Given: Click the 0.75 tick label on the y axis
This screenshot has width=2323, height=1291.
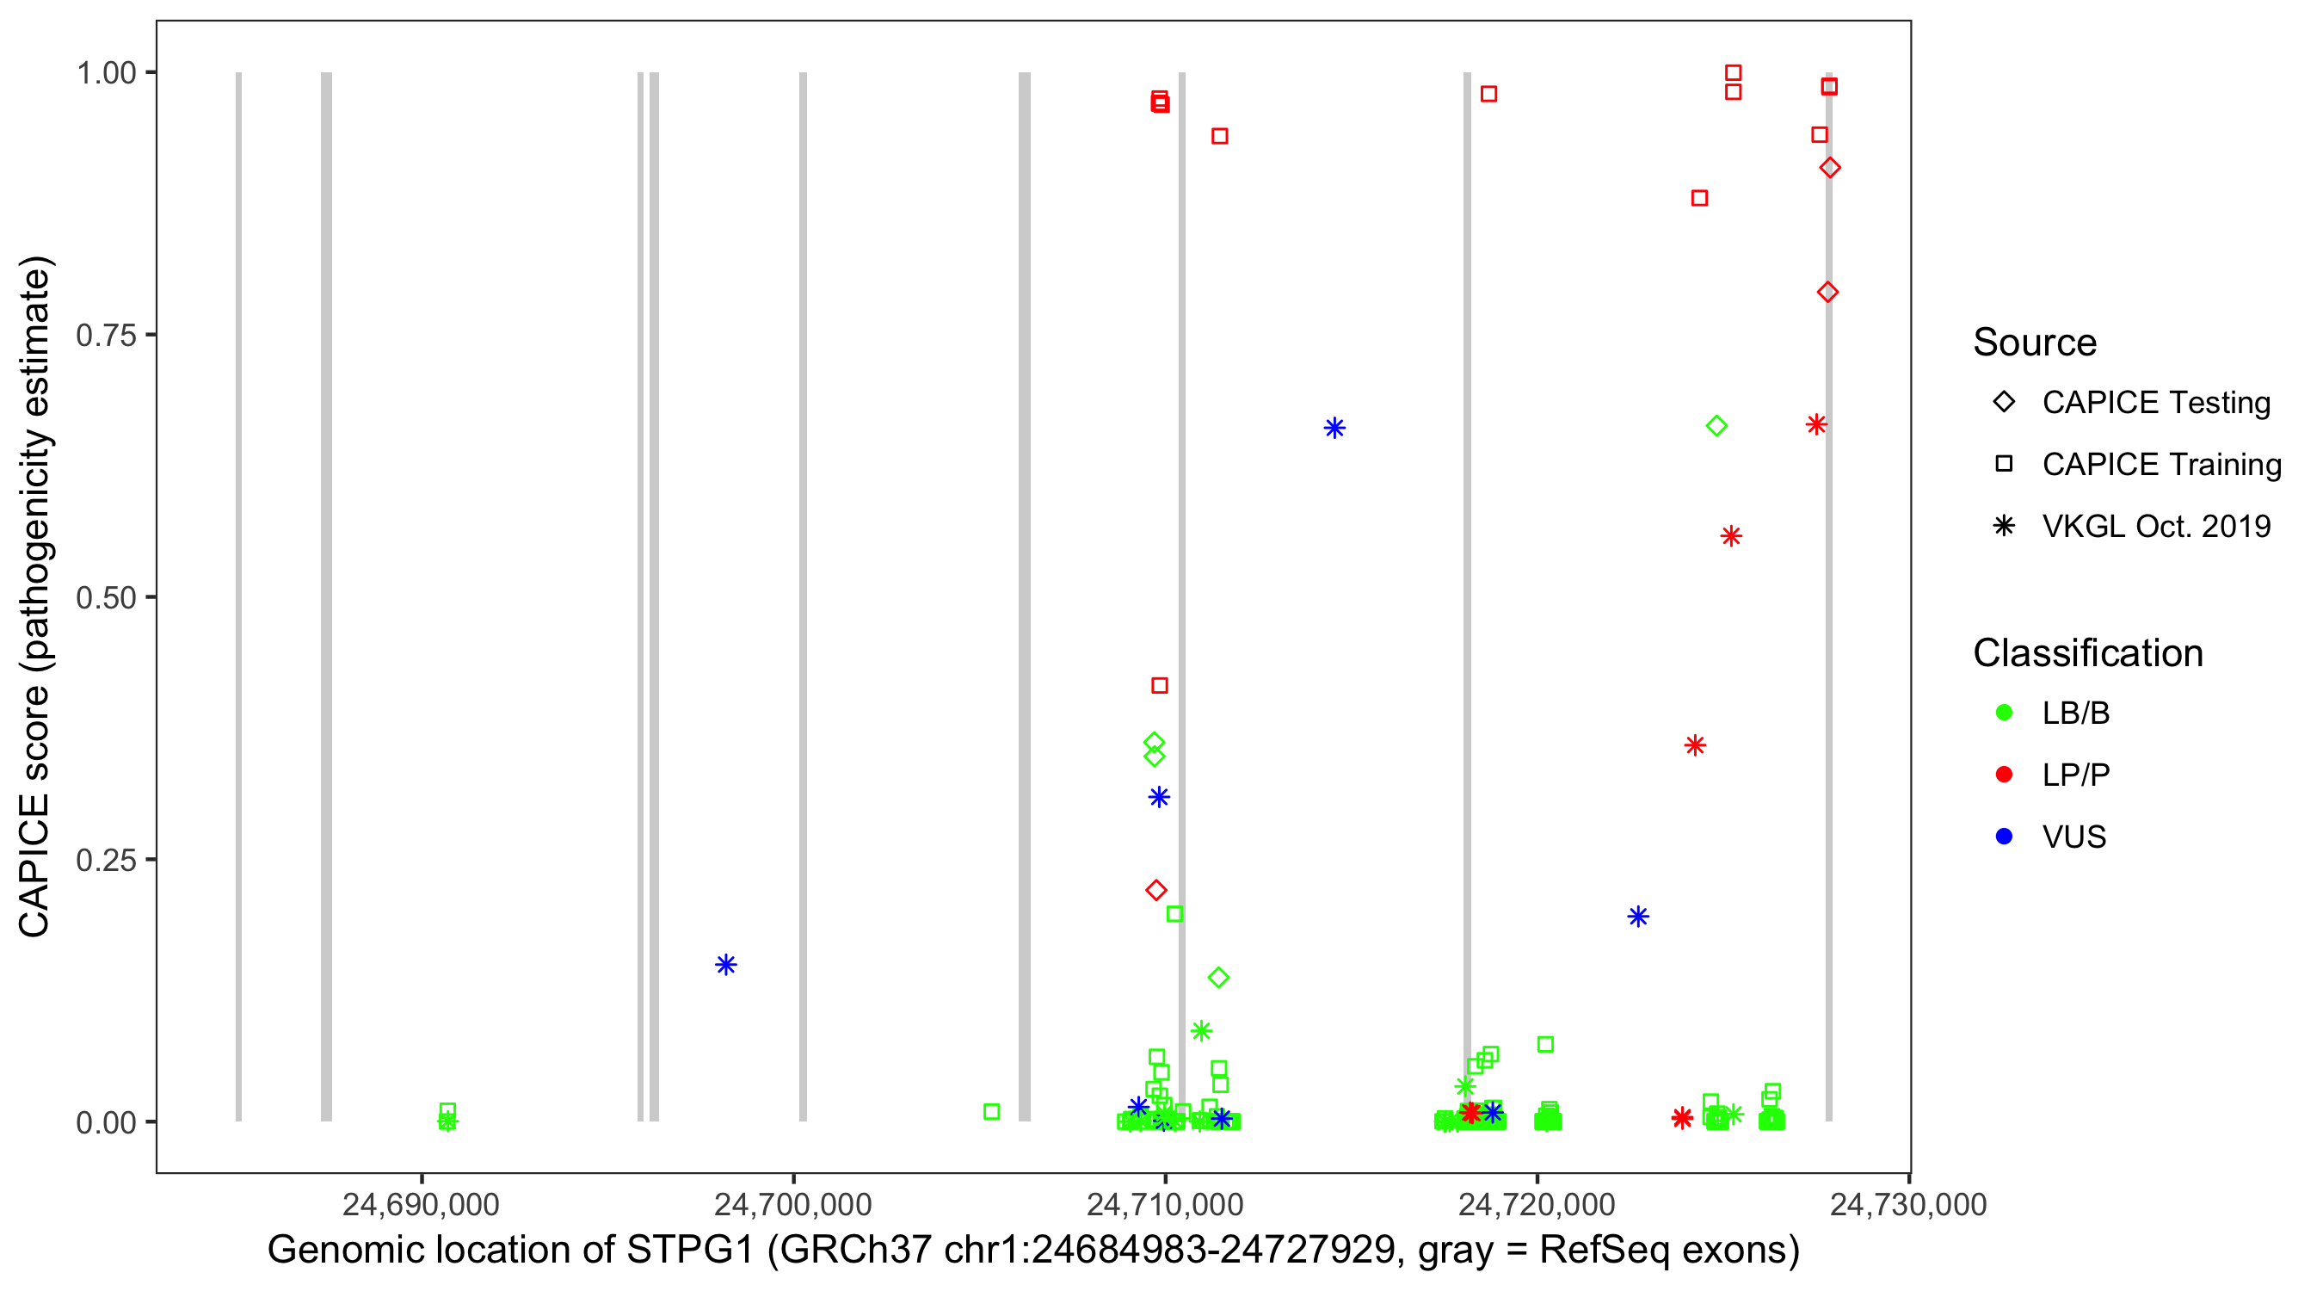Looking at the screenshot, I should coord(105,336).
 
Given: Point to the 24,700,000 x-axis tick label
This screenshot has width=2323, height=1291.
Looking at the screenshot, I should coord(792,1204).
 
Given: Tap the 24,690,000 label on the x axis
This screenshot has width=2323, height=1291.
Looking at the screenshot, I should coord(420,1204).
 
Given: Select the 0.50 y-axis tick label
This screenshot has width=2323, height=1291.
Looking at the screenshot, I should coord(105,598).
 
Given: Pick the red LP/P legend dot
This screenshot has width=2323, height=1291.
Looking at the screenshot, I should coord(2005,775).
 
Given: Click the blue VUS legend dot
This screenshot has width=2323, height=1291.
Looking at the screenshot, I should coord(2005,837).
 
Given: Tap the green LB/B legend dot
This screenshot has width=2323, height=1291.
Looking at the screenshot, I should coord(2005,713).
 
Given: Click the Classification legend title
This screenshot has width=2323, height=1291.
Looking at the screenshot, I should coord(2087,653).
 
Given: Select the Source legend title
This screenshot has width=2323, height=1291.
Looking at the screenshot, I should coord(2035,343).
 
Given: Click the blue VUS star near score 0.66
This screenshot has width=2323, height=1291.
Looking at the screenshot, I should coord(1334,428).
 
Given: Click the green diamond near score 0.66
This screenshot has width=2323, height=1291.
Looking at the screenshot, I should coord(1717,426).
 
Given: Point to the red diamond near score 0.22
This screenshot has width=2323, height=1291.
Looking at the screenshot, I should coord(1156,891).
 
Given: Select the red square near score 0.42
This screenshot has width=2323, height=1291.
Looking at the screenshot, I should coord(1160,686).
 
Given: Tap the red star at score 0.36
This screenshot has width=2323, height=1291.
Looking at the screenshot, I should coord(1695,745).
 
